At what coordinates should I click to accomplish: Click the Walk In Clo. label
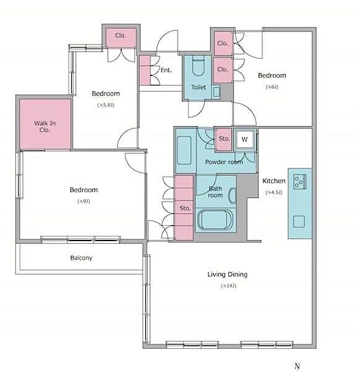coord(45,127)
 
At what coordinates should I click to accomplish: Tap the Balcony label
coord(80,258)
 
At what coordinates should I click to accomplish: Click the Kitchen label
coord(274,181)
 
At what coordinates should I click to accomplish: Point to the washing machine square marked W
coord(245,139)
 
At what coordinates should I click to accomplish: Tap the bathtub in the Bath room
coord(214,220)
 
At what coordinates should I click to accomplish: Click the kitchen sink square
coord(299,221)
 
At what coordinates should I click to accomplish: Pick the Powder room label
coord(224,162)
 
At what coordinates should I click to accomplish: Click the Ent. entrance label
coord(166,70)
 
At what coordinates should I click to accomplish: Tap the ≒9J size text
coord(83,202)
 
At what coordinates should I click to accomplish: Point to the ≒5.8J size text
coord(105,105)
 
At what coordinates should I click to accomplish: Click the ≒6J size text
coord(272,87)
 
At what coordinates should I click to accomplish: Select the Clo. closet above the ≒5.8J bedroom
coord(121,36)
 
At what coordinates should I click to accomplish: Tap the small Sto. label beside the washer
coord(224,139)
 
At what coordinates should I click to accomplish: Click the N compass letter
coord(297,365)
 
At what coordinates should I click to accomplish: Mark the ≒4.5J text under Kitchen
coord(273,192)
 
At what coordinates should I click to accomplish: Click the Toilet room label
coord(198,88)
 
